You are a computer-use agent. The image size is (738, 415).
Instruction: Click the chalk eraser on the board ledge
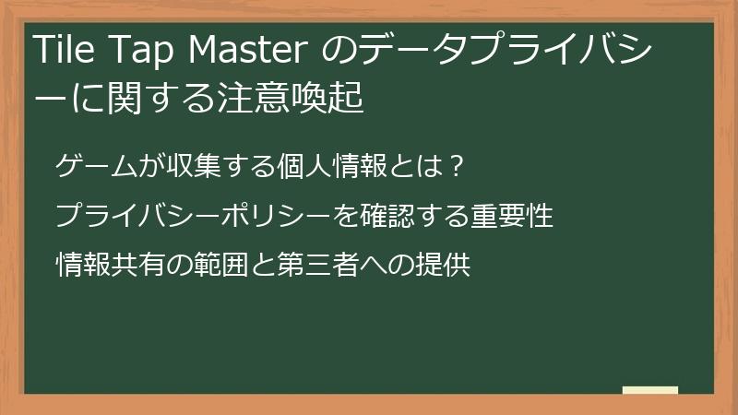click(650, 390)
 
